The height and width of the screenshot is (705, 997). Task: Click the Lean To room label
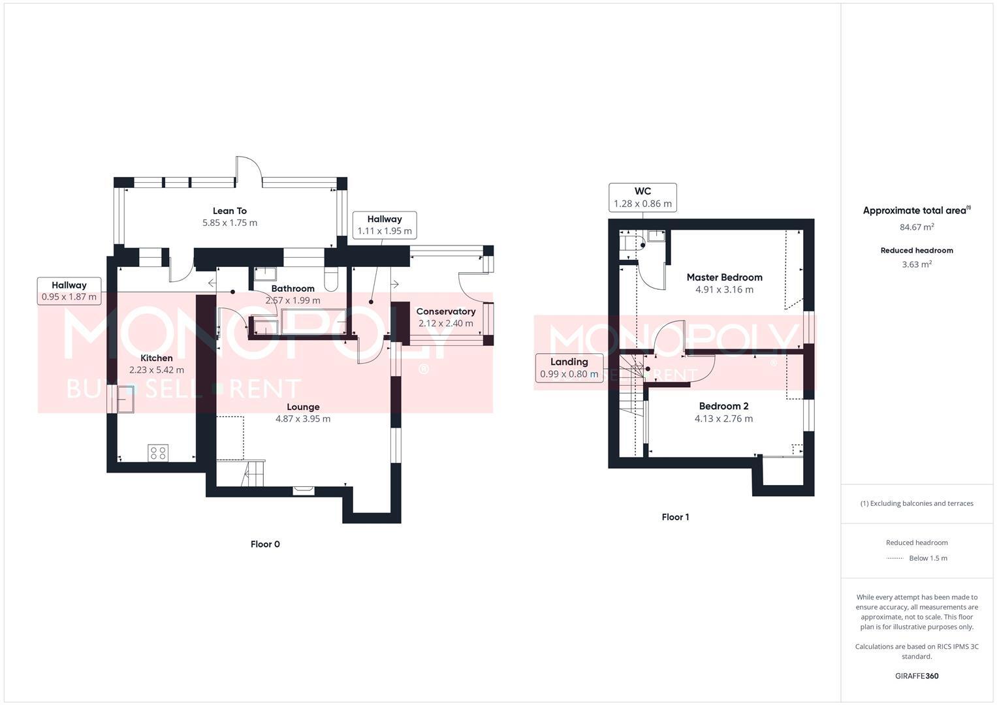click(230, 211)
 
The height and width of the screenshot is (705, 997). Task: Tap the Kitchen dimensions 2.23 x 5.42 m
click(157, 370)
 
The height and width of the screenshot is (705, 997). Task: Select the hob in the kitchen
click(158, 453)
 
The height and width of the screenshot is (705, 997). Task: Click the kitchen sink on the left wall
click(126, 399)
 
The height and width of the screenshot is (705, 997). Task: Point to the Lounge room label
click(303, 407)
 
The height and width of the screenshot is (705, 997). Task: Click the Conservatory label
click(446, 311)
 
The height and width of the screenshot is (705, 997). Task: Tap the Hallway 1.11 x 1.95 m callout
click(384, 225)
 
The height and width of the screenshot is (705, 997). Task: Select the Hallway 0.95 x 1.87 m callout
click(69, 290)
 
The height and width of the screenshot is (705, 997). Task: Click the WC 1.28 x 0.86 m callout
click(642, 197)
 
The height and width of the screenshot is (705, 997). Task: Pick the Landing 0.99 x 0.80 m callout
click(569, 368)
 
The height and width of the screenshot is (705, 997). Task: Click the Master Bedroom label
click(724, 277)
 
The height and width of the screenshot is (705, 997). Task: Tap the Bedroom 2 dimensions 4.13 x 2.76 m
click(723, 419)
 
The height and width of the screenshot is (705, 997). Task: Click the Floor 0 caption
click(265, 544)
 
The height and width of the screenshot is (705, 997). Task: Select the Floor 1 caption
click(675, 517)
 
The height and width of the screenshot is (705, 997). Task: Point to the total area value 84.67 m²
click(917, 227)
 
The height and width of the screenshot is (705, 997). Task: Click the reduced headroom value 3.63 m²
click(917, 264)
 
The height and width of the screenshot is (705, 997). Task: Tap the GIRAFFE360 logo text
click(917, 676)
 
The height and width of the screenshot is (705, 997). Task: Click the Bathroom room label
click(293, 289)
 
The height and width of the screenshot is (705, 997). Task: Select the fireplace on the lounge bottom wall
click(304, 488)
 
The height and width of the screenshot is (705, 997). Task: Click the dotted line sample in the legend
click(894, 558)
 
